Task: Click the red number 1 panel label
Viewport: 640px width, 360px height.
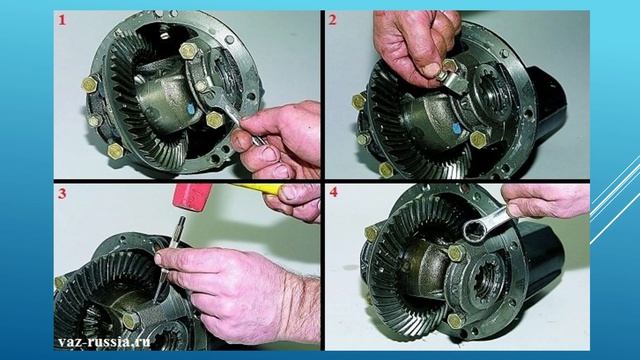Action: [x=62, y=20]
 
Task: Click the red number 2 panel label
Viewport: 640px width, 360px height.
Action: [x=333, y=19]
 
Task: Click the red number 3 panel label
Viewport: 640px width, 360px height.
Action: [x=62, y=193]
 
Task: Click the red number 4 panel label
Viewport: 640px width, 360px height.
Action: [x=333, y=192]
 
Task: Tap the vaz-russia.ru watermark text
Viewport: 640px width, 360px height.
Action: [x=104, y=342]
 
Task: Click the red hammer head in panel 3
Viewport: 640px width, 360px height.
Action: [x=192, y=196]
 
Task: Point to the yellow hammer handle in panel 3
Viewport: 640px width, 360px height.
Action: [x=258, y=188]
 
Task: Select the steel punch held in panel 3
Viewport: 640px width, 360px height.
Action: [x=171, y=257]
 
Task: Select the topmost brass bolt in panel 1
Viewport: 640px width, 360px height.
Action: [x=188, y=51]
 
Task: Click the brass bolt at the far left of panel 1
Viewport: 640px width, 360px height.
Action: [x=90, y=84]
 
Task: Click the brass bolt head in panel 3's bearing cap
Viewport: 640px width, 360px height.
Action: [x=130, y=321]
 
